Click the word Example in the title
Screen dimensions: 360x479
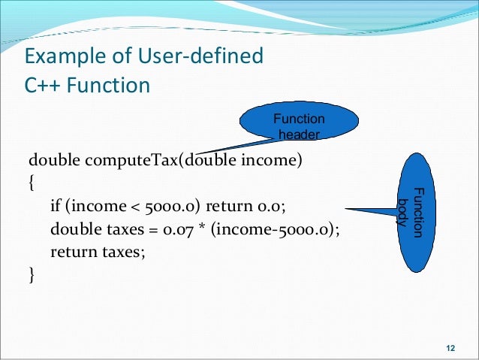click(x=59, y=56)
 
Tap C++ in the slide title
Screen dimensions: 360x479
click(x=41, y=85)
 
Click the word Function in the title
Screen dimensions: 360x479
click(x=108, y=85)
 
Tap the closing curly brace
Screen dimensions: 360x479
click(x=31, y=276)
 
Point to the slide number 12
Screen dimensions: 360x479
click(x=450, y=346)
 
